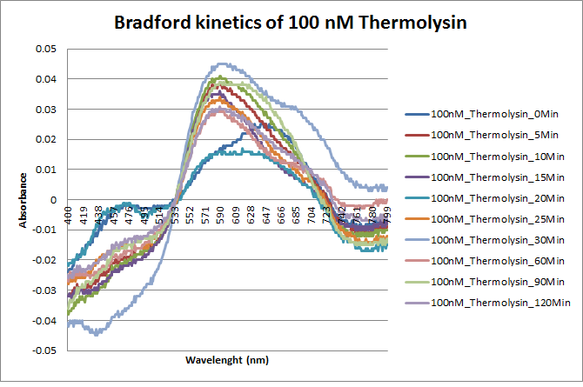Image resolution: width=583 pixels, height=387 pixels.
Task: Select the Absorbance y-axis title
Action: (x=25, y=199)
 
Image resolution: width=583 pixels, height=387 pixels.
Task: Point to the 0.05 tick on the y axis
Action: (x=45, y=49)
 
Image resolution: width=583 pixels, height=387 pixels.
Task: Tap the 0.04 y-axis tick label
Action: (x=45, y=79)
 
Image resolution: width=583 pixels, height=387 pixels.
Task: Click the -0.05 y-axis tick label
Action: (x=44, y=351)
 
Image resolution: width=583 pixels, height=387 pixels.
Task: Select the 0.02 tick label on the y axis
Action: (x=45, y=139)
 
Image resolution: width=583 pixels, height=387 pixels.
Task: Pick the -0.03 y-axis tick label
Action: (x=44, y=290)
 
